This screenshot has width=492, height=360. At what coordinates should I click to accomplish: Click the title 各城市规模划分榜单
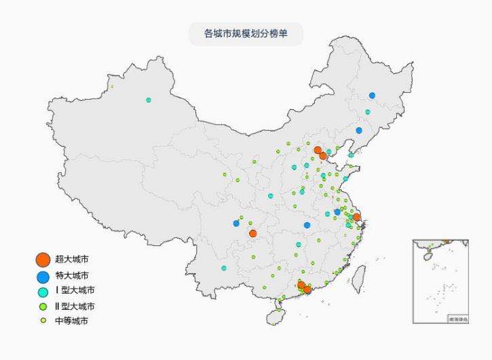coord(246,33)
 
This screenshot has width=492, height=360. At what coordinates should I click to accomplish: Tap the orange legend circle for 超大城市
coord(43,260)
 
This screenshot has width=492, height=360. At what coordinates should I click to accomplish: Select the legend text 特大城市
coord(71,275)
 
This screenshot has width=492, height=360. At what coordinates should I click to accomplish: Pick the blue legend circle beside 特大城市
coord(43,276)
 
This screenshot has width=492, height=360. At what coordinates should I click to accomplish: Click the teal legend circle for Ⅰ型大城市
coord(43,292)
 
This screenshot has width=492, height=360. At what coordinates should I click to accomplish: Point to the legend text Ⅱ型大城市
coord(75,306)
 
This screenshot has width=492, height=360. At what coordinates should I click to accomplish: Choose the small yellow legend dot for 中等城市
coord(43,321)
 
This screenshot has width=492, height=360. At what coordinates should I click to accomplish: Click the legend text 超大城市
coord(71,260)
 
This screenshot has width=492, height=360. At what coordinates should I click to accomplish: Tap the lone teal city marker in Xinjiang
coord(149,100)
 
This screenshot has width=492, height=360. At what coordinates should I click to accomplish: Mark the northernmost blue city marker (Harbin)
coord(372,96)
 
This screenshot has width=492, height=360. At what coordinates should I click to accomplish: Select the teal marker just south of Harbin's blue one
coord(368,112)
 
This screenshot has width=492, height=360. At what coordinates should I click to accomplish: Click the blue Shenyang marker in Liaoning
coord(359,130)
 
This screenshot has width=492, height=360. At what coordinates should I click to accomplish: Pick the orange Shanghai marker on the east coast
coord(357,218)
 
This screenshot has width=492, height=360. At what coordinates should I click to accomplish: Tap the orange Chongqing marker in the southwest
coord(253,234)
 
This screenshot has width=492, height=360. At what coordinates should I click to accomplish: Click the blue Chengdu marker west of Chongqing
coord(236,223)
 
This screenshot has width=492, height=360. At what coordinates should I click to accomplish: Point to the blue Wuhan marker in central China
coord(307,225)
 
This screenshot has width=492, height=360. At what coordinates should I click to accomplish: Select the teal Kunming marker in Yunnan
coord(224,268)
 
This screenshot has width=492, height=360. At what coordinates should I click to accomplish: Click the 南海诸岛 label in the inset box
coord(457,319)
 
